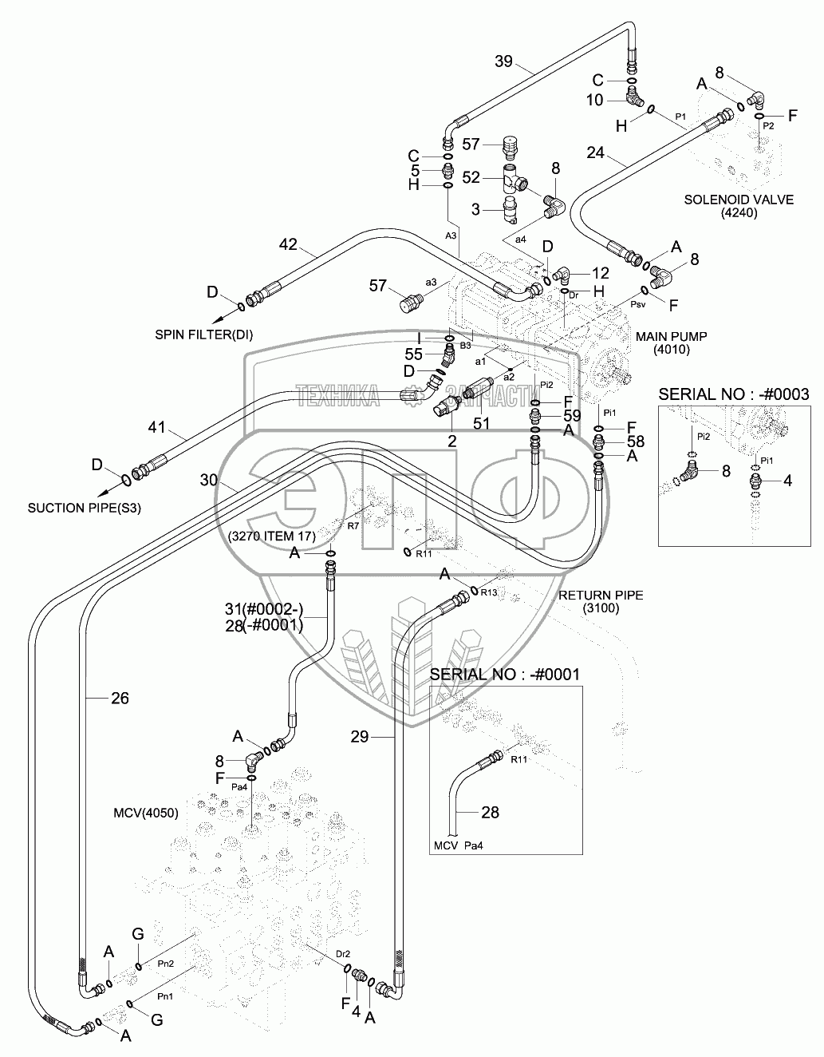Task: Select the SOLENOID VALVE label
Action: click(x=739, y=200)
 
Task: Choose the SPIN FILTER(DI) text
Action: click(x=204, y=335)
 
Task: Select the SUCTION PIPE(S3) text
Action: click(x=85, y=507)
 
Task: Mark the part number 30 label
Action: click(x=209, y=480)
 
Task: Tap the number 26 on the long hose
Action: click(x=119, y=699)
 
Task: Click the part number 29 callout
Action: click(x=360, y=736)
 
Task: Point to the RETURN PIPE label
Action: click(x=601, y=595)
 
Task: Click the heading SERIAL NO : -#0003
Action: click(x=733, y=394)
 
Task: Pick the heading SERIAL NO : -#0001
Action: click(x=505, y=674)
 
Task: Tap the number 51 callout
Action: click(x=481, y=423)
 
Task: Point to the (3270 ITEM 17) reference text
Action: click(x=272, y=535)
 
